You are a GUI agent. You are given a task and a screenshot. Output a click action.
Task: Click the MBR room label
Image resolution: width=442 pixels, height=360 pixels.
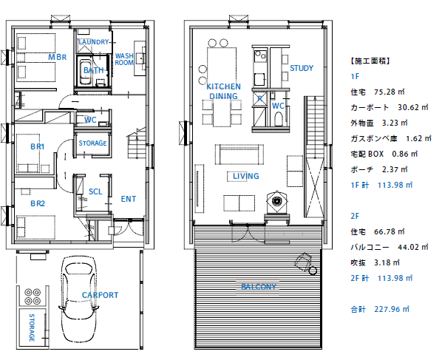click(58, 57)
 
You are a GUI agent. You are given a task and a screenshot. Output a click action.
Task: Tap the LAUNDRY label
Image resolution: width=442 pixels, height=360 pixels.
click(94, 42)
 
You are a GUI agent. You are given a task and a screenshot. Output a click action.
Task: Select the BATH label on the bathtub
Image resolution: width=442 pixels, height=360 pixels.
click(94, 70)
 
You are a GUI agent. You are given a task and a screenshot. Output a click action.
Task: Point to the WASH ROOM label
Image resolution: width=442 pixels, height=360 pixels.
click(124, 59)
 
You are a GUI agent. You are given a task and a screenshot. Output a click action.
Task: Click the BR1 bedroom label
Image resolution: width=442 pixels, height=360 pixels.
click(38, 146)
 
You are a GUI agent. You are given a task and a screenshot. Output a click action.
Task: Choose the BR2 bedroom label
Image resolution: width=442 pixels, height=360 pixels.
click(38, 203)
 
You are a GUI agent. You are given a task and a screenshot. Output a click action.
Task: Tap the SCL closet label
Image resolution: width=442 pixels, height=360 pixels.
click(95, 191)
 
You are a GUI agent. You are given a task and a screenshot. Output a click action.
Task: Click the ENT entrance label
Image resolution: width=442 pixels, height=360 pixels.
click(129, 199)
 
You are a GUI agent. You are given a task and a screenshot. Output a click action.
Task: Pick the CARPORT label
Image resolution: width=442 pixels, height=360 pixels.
click(100, 295)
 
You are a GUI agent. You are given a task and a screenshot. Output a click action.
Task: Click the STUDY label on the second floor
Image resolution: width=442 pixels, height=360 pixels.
click(302, 68)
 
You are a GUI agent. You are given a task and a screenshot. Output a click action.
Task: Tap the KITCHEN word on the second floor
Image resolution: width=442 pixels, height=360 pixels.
click(223, 86)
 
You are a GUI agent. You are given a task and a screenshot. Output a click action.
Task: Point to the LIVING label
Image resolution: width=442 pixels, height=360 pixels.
click(246, 176)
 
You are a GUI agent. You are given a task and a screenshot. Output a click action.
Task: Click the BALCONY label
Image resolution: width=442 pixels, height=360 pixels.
click(259, 287)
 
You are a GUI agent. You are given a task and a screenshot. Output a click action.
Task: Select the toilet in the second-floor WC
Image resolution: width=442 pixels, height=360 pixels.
click(279, 119)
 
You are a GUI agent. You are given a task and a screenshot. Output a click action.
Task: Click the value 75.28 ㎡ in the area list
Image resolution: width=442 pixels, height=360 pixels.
click(390, 92)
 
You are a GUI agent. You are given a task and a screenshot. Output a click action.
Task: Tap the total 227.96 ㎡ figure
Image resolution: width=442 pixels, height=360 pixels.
click(392, 309)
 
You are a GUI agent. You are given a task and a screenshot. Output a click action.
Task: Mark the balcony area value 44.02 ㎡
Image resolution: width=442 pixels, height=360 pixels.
click(413, 247)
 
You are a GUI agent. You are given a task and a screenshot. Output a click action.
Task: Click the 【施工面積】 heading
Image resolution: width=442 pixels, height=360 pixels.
click(370, 61)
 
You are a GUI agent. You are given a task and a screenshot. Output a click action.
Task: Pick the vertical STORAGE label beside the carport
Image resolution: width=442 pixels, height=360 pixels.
click(32, 327)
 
